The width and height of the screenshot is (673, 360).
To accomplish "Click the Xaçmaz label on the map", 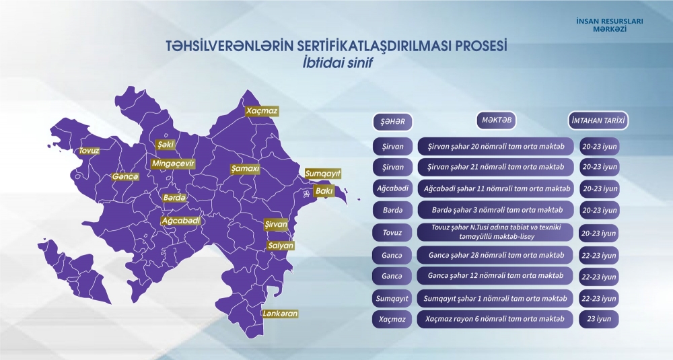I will (x=261, y=110).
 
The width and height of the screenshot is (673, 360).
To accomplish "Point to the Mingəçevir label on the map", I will (x=173, y=164).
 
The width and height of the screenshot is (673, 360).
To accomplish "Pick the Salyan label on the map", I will (x=281, y=246).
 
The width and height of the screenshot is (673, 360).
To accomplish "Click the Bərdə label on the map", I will (x=174, y=198).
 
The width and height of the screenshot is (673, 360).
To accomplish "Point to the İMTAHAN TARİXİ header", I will (x=598, y=121).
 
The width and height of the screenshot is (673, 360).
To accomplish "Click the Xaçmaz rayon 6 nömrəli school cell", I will (x=495, y=319).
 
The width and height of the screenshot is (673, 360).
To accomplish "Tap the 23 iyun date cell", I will (x=599, y=319).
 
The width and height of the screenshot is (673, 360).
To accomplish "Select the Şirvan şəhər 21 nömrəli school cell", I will (x=495, y=166).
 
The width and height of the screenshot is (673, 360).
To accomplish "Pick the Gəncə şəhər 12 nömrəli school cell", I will (x=495, y=276).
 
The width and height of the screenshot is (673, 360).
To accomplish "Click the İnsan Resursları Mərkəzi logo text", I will (x=610, y=26).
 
